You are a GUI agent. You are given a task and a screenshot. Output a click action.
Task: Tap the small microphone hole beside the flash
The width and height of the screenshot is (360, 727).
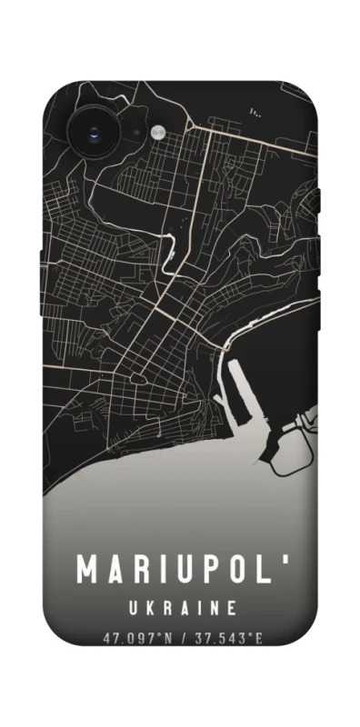[x=137, y=134]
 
